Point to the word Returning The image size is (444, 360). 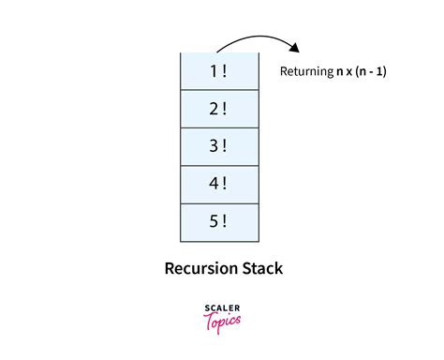[x=307, y=71]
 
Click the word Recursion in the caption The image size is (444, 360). [x=200, y=269]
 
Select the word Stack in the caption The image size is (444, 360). [x=262, y=269]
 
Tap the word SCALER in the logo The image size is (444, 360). [x=222, y=307]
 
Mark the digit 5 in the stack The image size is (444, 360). [x=215, y=222]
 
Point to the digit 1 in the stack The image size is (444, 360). [x=215, y=70]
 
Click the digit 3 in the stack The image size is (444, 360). [x=215, y=146]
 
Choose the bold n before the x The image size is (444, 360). [x=340, y=72]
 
